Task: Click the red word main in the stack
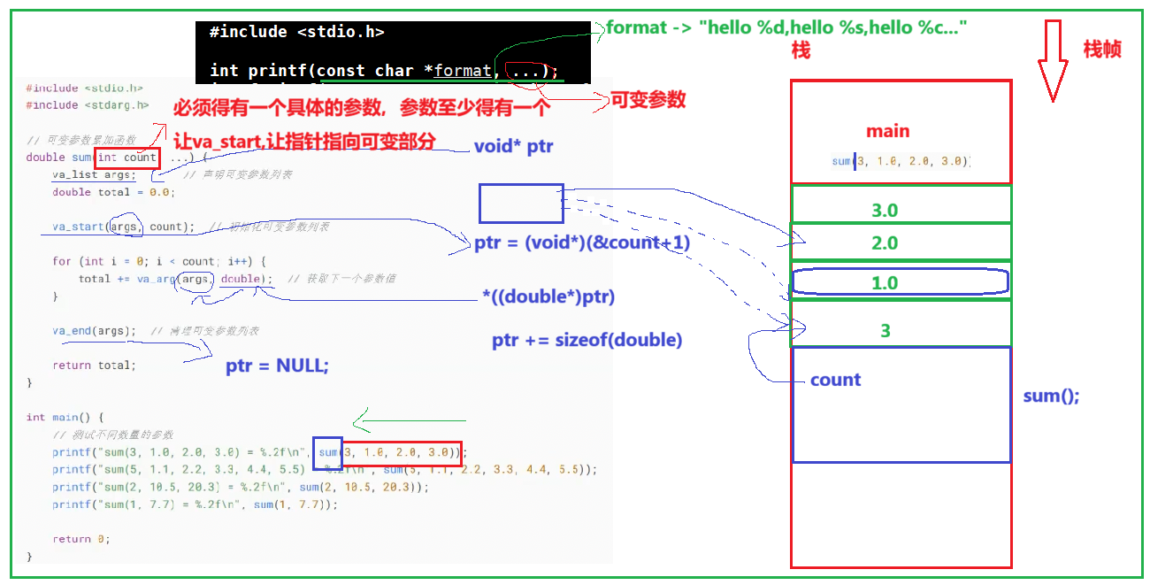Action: pyautogui.click(x=887, y=132)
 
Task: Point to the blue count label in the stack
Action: pyautogui.click(x=835, y=381)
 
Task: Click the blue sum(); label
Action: pyautogui.click(x=1051, y=396)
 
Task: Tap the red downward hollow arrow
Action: pyautogui.click(x=1053, y=62)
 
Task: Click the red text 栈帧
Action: pyautogui.click(x=1102, y=50)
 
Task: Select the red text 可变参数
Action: pyautogui.click(x=648, y=100)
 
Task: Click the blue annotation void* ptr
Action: pyautogui.click(x=514, y=146)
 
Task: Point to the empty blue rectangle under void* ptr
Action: pyautogui.click(x=521, y=204)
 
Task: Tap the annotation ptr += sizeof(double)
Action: pyautogui.click(x=586, y=341)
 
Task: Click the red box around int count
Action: pyautogui.click(x=127, y=158)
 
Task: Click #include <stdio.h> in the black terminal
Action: pyautogui.click(x=296, y=32)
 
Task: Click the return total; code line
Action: pyautogui.click(x=94, y=366)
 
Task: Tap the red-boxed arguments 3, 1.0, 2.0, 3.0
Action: pyautogui.click(x=402, y=452)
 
